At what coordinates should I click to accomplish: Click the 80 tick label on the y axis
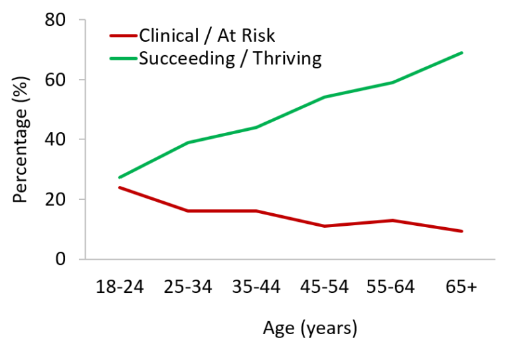(x=55, y=20)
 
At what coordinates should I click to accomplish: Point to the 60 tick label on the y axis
(x=55, y=80)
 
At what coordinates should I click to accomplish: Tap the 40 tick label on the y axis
(x=55, y=139)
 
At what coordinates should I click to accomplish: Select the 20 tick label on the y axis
(x=55, y=199)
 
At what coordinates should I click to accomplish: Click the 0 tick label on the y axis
(x=60, y=259)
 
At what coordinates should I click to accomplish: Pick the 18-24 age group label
(x=119, y=287)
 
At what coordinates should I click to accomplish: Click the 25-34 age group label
(x=188, y=287)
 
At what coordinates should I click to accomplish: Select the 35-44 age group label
(x=256, y=287)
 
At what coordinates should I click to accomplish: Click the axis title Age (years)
(x=310, y=327)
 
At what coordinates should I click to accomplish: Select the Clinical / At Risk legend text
(x=207, y=35)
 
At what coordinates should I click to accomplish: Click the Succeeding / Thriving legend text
(x=230, y=58)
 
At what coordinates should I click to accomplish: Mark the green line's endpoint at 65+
(x=462, y=52)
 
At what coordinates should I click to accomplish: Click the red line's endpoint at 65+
(x=462, y=231)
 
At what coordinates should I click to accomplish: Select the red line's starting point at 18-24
(x=119, y=187)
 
